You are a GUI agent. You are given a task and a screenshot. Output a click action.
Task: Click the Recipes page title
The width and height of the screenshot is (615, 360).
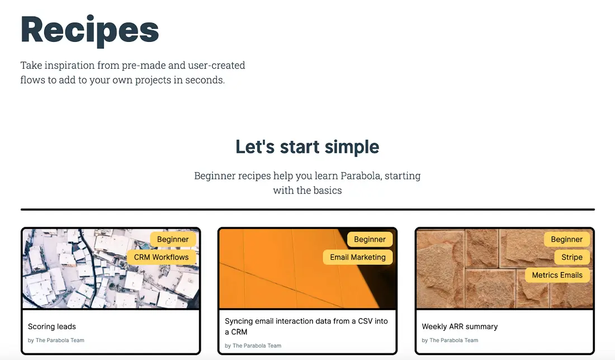[90, 31]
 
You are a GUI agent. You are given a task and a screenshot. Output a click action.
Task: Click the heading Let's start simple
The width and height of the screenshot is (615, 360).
[307, 146]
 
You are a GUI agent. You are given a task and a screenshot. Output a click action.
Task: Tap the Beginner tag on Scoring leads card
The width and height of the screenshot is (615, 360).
[173, 239]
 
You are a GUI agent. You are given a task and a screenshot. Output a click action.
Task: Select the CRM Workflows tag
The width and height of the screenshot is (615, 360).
[161, 257]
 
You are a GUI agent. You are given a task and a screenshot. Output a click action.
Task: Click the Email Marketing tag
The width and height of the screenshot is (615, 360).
[358, 257]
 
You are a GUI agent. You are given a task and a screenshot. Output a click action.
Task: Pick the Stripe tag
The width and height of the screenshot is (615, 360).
[572, 257]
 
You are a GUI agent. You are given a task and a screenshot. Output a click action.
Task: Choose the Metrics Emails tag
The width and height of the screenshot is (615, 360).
[557, 275]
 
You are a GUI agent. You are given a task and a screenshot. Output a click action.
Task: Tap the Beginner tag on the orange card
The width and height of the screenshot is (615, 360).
[370, 239]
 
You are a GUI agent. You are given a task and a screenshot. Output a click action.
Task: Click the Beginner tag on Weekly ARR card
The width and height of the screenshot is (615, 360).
[567, 239]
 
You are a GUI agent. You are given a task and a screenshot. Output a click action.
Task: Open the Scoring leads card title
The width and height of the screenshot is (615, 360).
[52, 326]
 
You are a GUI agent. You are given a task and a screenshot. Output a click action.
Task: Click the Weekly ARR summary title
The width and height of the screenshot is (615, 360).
[460, 326]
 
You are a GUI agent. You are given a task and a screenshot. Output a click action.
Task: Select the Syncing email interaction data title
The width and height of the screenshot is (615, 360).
[306, 326]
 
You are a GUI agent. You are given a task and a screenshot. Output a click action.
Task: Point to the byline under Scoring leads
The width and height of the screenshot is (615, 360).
[56, 340]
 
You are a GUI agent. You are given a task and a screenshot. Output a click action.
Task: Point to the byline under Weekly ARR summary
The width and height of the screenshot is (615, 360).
[450, 340]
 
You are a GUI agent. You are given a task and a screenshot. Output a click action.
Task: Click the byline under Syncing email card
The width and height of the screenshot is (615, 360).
[253, 346]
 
